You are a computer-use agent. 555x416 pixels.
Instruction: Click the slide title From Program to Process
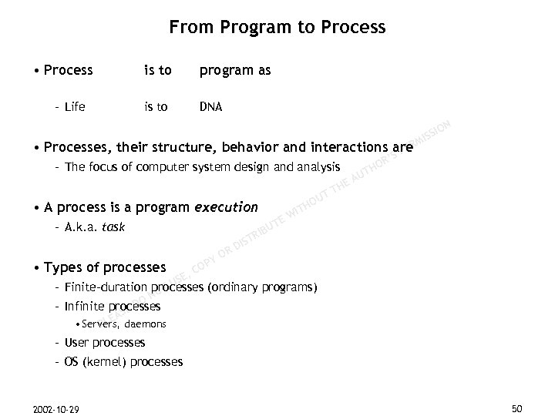277,29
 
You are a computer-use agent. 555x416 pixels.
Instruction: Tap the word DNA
210,107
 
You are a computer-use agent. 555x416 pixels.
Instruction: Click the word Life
76,107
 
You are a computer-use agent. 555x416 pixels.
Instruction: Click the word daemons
143,324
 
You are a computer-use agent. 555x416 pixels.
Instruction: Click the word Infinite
85,306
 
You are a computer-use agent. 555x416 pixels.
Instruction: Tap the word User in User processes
76,342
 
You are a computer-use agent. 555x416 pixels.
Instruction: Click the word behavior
247,147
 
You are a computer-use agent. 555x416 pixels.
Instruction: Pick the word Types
63,267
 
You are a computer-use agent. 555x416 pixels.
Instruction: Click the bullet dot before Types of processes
36,268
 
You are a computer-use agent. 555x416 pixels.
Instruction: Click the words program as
235,71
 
